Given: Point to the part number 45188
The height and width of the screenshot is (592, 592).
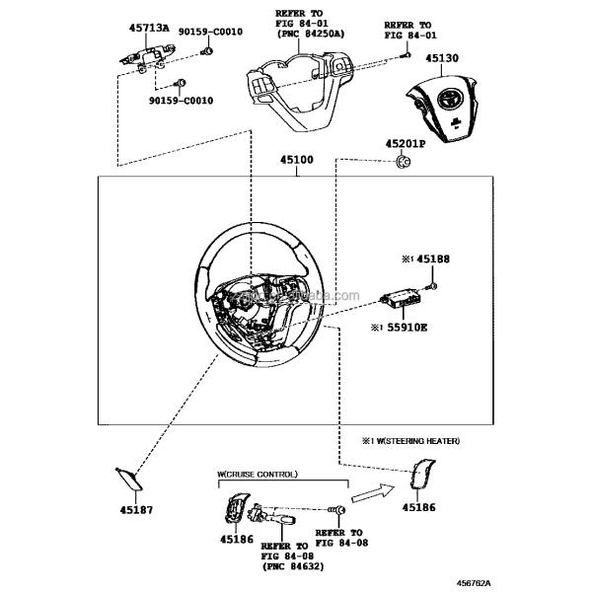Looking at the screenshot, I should pos(432,259).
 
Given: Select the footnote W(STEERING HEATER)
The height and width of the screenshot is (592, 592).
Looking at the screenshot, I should pos(413,440).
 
